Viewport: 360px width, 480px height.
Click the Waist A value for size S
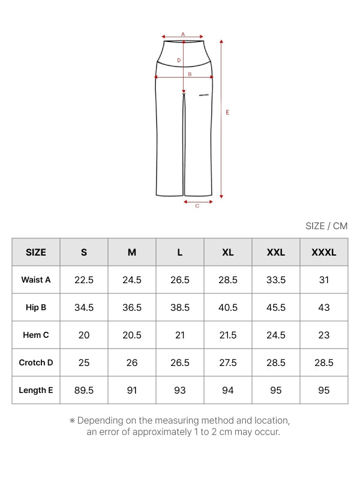tap(84, 280)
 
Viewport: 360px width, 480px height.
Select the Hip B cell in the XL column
tap(228, 307)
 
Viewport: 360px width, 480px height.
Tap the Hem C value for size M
tap(132, 335)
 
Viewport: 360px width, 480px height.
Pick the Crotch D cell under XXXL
tap(324, 362)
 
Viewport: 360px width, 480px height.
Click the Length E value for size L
tap(180, 391)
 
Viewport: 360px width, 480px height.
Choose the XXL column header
tap(276, 252)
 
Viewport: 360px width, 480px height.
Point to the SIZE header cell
tap(36, 252)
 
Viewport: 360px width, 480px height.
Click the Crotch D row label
tap(36, 362)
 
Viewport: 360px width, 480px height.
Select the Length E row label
tap(36, 390)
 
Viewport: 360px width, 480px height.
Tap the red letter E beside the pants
tap(227, 112)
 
